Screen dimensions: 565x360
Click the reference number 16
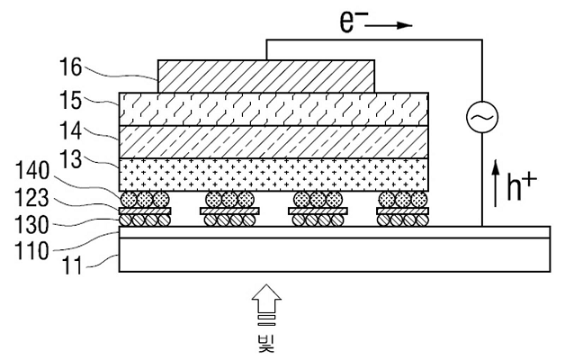coord(70,67)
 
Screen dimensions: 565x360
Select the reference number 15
coord(70,100)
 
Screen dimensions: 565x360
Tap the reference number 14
coord(70,130)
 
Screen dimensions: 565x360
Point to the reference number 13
coord(70,159)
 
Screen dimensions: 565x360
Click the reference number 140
coord(32,170)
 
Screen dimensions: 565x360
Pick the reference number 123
coord(32,197)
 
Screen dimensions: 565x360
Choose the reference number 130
coord(32,224)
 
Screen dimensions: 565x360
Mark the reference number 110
coord(32,250)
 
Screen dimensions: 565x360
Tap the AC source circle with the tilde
coord(482,117)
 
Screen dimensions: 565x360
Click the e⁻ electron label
coord(348,22)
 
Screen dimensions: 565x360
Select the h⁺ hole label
coord(521,184)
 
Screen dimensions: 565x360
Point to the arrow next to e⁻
coord(389,25)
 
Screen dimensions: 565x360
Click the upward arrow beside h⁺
coord(496,183)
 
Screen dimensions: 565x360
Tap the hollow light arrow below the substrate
coord(266,304)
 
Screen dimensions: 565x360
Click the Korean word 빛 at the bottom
coord(266,344)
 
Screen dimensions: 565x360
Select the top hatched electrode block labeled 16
coord(266,76)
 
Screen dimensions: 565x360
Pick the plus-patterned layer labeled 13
coord(274,175)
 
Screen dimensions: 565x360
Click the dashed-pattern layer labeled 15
coord(274,109)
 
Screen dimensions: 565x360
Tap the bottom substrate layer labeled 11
coord(335,255)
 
